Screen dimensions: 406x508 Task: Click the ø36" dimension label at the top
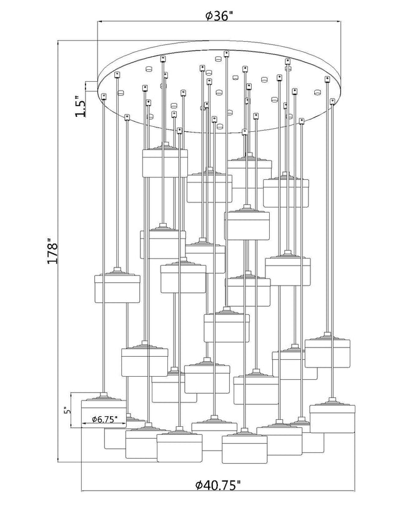coord(219,15)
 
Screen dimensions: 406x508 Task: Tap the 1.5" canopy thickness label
coord(80,106)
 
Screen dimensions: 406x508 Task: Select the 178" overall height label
coord(52,251)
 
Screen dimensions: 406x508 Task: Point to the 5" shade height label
coord(67,410)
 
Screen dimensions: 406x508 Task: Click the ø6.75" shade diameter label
coord(104,419)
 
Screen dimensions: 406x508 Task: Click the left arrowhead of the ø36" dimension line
coord(101,22)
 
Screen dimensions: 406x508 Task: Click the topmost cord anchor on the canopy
coord(226,54)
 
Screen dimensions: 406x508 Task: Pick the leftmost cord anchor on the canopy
coord(104,96)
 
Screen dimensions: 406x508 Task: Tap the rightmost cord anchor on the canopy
coord(332,101)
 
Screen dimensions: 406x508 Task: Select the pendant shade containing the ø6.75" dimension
coord(104,411)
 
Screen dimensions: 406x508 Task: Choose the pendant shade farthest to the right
coord(332,416)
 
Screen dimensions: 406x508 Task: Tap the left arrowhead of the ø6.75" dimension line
coord(84,424)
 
